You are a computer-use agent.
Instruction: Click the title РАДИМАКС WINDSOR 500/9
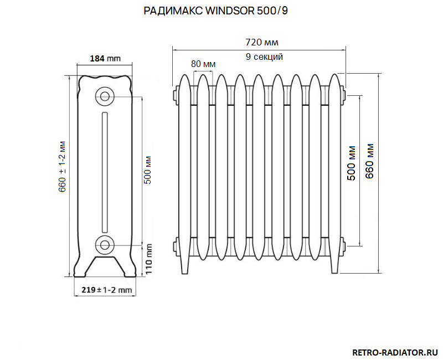coord(215,11)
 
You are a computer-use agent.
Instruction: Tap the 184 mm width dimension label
coord(105,59)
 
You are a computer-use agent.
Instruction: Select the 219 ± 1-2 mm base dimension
coord(106,290)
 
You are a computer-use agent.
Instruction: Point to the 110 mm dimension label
coord(148,259)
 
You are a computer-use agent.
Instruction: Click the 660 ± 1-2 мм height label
coord(62,167)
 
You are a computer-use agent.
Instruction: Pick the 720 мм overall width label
coord(261,42)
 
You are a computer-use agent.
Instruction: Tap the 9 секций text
coord(264,56)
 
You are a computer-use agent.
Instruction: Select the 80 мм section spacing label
coord(203,64)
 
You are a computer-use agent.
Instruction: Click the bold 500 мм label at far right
coord(351,163)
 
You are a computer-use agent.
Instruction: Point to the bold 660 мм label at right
coord(369,161)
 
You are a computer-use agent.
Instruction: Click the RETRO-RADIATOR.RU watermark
coord(395,352)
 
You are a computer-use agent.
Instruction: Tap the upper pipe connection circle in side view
coord(105,96)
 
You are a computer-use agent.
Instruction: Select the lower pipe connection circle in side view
coord(105,245)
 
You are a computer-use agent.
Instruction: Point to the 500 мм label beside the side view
coord(148,170)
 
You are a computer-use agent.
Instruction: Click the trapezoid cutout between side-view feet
coord(105,266)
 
